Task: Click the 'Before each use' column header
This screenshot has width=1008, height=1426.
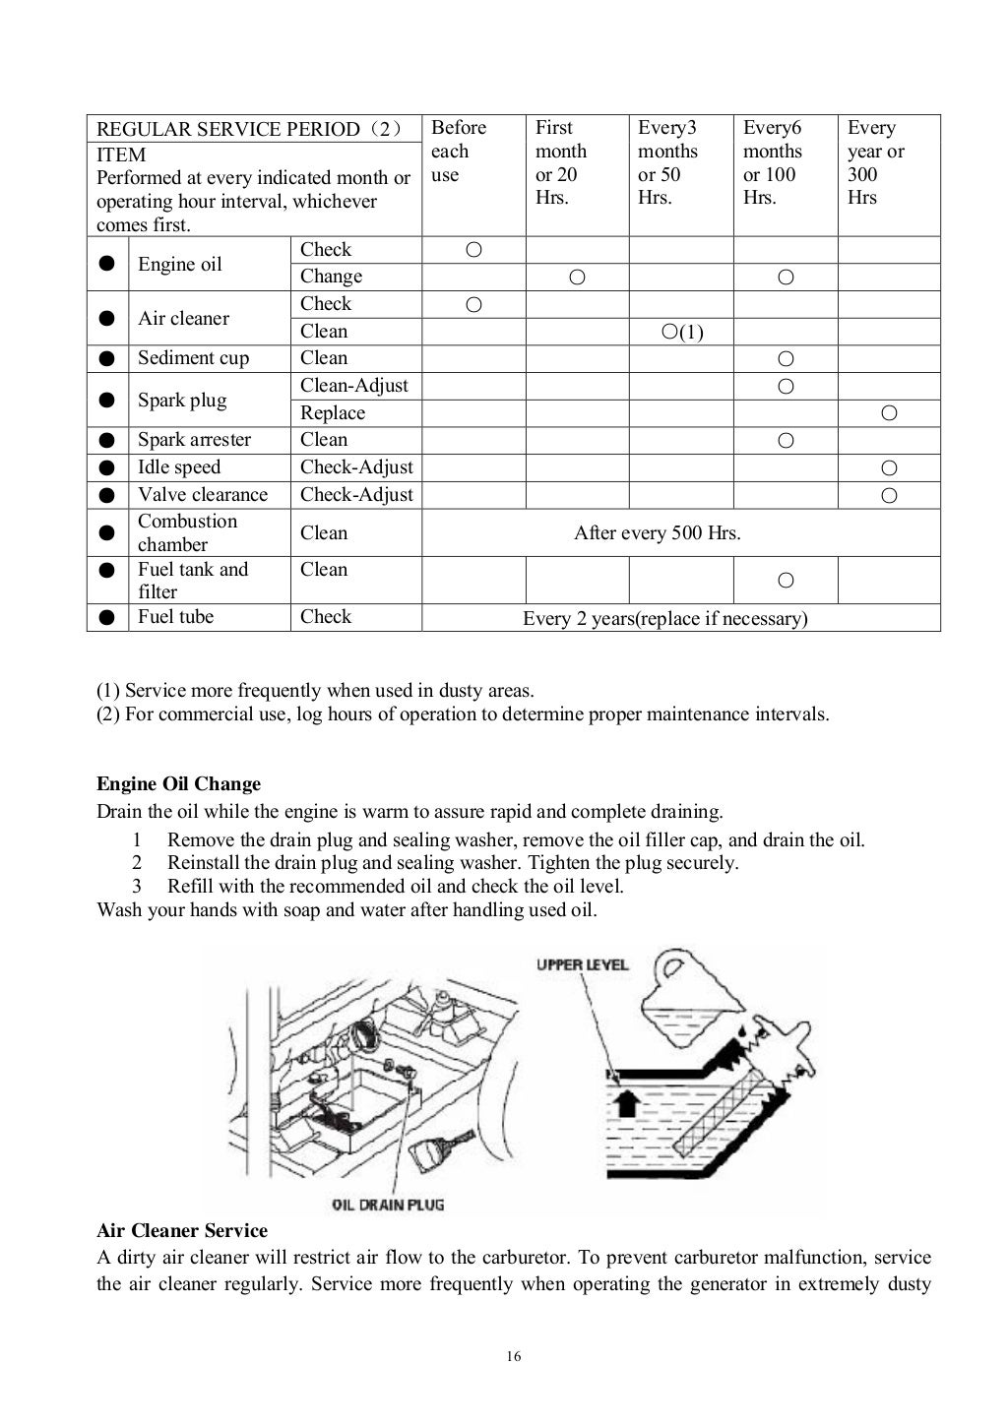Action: point(459,152)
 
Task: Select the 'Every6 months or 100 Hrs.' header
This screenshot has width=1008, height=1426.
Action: point(772,162)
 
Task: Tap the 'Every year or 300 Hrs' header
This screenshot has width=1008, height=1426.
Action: point(875,162)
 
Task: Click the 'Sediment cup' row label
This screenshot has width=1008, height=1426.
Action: point(193,358)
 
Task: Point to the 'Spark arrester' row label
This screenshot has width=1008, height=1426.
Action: point(194,440)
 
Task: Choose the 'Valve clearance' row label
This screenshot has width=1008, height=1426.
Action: point(202,495)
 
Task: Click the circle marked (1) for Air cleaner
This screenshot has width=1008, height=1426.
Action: point(682,332)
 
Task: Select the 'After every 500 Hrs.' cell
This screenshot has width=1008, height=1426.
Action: point(657,533)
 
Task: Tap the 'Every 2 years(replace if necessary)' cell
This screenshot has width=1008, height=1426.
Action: point(664,618)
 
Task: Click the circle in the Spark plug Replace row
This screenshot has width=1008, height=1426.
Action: point(889,413)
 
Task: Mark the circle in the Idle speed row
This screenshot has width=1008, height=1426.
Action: point(889,467)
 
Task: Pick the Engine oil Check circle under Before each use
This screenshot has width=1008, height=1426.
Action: point(473,250)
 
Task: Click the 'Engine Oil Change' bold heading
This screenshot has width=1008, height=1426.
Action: point(178,784)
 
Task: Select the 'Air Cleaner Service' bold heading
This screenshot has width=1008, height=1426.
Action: point(182,1231)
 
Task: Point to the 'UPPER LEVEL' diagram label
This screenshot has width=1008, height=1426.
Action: point(582,964)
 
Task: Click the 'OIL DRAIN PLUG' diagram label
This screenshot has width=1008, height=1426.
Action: point(388,1204)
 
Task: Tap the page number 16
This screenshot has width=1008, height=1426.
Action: point(514,1357)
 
